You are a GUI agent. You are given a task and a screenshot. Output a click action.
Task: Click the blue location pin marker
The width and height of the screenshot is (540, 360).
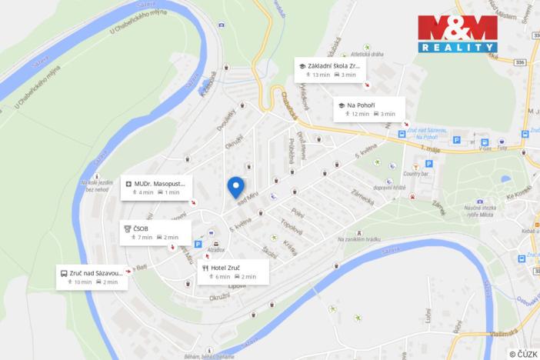[235, 187]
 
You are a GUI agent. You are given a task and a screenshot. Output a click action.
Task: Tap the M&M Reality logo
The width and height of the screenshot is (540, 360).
[457, 32]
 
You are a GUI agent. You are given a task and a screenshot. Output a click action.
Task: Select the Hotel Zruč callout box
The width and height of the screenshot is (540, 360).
[233, 272]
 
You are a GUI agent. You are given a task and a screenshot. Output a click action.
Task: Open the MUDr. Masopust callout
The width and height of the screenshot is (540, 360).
[156, 188]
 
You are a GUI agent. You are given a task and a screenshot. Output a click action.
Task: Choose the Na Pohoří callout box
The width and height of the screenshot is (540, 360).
[368, 108]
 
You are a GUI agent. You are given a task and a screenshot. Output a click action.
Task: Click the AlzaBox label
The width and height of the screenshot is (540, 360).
[216, 250]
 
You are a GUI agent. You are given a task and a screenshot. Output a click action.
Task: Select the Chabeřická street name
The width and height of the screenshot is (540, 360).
[289, 107]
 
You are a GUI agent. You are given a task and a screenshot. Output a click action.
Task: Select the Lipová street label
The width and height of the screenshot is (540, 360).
[236, 285]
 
